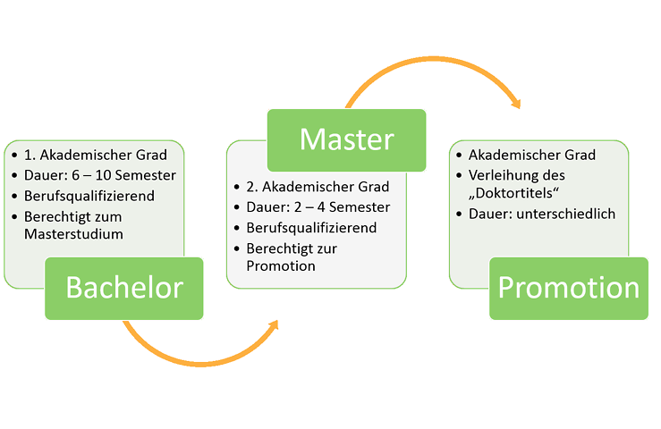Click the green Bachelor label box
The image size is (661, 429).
124,288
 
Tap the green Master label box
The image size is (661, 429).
346,139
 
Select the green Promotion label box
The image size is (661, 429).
568,288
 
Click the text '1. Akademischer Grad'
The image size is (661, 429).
96,155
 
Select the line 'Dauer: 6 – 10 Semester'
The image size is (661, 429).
100,174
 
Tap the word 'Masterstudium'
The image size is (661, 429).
74,234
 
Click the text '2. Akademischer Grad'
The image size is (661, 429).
318,187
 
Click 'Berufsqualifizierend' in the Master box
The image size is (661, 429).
311,227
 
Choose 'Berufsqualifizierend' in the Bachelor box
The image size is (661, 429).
89,195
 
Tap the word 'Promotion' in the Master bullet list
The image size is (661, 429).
281,265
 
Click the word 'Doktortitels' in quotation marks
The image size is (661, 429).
511,194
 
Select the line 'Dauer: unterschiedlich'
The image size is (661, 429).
542,214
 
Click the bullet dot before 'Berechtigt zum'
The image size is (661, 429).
15,215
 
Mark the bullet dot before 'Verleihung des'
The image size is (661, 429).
459,175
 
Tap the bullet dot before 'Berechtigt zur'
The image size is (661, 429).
237,248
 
